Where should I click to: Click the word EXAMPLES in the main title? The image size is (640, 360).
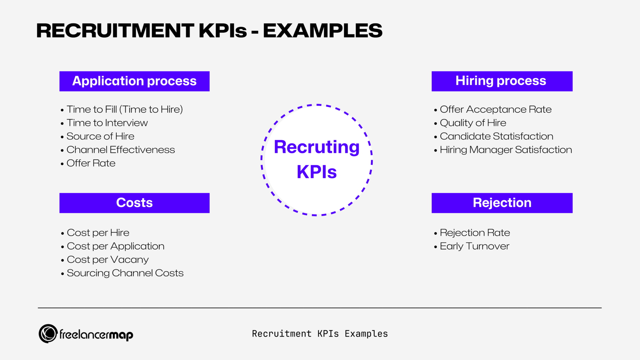[323, 31]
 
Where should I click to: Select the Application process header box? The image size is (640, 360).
[134, 81]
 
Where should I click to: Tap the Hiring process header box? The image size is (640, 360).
[502, 81]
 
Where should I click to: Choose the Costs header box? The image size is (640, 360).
[134, 203]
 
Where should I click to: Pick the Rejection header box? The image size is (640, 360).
[502, 203]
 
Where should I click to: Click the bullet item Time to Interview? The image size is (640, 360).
[107, 123]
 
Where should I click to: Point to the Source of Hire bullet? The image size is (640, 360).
[100, 136]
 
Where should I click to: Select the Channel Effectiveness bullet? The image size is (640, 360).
[120, 150]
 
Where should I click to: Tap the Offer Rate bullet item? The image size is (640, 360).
[91, 163]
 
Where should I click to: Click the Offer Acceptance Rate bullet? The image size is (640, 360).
[495, 109]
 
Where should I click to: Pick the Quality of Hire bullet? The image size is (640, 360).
[473, 123]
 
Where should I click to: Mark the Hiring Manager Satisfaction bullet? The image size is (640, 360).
[506, 150]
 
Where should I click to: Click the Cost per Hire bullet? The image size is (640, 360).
[98, 233]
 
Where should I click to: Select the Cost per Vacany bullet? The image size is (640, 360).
[108, 260]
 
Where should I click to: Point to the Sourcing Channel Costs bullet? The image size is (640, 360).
[125, 273]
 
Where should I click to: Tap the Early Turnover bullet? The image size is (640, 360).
[474, 246]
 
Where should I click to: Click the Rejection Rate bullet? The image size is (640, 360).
[475, 233]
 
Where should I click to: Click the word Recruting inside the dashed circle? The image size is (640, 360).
[317, 147]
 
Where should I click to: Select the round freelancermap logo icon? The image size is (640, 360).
[48, 334]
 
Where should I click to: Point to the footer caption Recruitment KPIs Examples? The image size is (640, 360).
[320, 334]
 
